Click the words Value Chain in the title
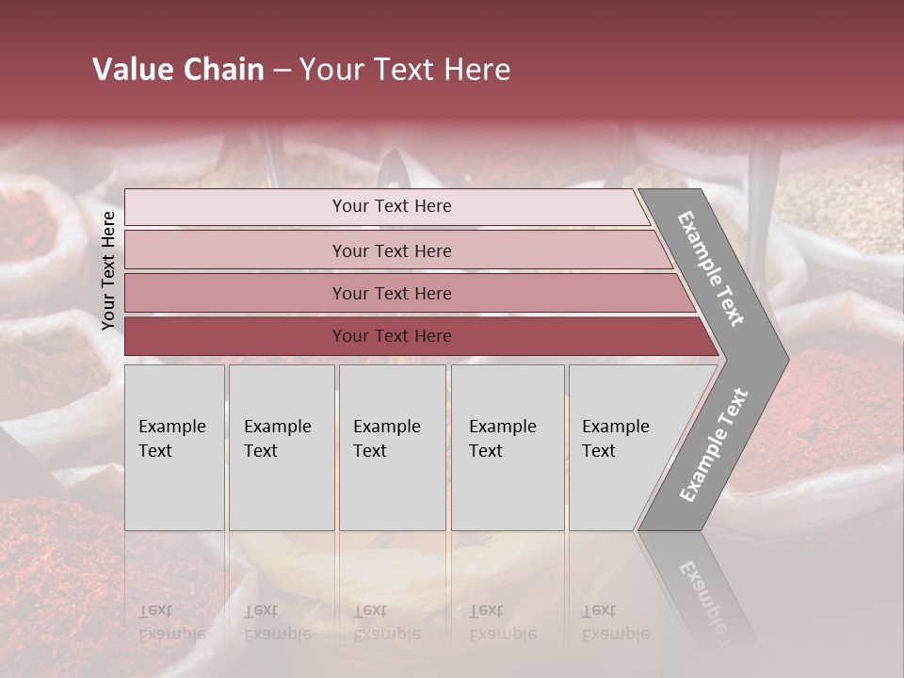coord(178,70)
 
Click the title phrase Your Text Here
coord(405,70)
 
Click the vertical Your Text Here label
coord(108,270)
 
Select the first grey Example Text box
coord(174,448)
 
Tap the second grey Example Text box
coord(281,448)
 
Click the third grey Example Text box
coord(392,448)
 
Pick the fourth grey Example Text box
coord(507,448)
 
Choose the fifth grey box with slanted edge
coord(621,448)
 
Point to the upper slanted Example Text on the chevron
coord(711,268)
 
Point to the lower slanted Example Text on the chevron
coord(714,445)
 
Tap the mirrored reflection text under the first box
coord(172,621)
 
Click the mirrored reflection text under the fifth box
coord(616,621)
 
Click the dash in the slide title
coord(282,71)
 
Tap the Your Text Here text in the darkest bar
coord(392,336)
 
